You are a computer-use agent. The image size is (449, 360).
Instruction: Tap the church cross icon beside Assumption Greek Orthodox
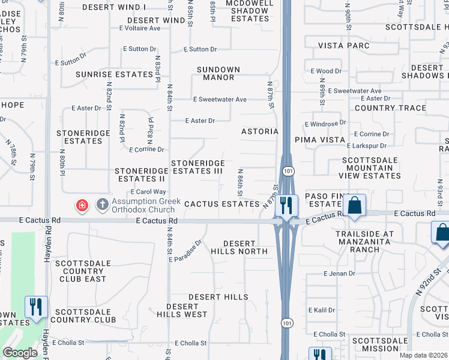point(102,206)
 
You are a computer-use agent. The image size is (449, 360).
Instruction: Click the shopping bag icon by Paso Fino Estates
point(355,205)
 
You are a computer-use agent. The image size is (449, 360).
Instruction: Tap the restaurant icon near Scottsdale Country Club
point(36,307)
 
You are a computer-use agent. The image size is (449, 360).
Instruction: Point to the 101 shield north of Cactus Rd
point(290,172)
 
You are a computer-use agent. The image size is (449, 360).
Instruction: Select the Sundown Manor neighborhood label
point(218,73)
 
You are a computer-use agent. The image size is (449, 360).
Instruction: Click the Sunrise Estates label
point(114,74)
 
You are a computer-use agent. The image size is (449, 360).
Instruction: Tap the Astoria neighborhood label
point(260,131)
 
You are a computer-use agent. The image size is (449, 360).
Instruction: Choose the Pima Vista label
point(318,139)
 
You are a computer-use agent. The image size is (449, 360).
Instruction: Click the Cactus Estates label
point(221,204)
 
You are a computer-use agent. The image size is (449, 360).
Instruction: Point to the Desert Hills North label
point(245,247)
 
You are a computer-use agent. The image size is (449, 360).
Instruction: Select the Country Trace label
point(390,109)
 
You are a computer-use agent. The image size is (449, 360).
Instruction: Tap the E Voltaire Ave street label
point(142,28)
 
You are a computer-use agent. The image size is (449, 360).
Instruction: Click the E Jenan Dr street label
point(339,274)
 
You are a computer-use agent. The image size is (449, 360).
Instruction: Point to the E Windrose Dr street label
point(325,123)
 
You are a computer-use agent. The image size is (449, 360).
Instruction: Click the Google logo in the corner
point(20,353)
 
